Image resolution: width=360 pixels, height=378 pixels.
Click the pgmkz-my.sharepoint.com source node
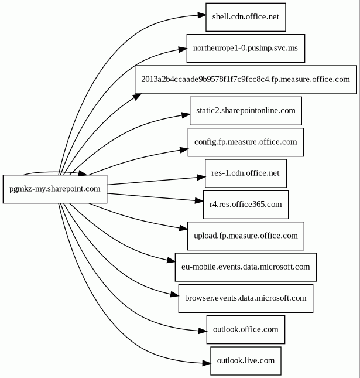point(55,189)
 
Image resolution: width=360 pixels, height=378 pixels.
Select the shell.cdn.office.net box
point(245,17)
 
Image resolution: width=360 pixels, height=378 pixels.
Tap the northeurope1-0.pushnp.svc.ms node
point(245,48)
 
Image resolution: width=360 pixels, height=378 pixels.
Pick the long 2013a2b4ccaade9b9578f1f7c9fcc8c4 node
point(245,79)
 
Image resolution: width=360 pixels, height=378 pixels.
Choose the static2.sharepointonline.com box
point(245,110)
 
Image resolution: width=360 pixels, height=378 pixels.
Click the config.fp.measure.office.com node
point(245,142)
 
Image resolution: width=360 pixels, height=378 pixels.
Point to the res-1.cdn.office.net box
point(245,173)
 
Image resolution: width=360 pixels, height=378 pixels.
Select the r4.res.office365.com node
point(245,204)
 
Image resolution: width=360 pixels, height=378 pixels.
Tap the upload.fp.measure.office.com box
point(245,236)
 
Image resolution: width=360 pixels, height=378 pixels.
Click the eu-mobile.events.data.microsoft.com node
point(245,267)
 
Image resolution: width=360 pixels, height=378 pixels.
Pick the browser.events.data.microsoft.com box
point(245,298)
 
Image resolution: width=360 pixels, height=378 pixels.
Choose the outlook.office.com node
point(245,329)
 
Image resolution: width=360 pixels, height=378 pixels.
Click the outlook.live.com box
point(245,360)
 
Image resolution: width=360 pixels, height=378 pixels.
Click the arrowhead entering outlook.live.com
point(205,363)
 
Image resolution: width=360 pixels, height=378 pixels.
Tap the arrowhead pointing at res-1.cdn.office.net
point(200,176)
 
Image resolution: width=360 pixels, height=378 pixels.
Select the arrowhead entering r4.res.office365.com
point(197,201)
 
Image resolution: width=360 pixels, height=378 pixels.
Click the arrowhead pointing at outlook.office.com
point(201,332)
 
